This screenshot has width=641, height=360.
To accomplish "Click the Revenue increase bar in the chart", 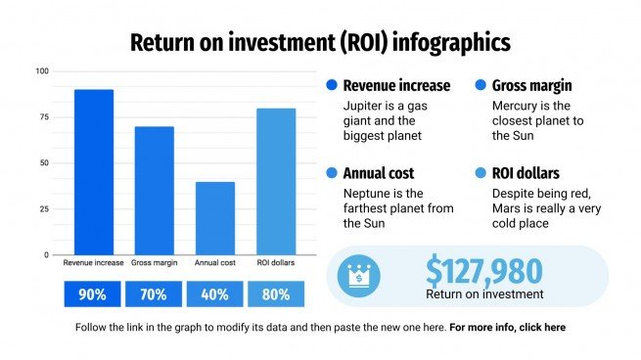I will (93, 172).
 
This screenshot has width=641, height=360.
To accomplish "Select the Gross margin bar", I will (154, 191).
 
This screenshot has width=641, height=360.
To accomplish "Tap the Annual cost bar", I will (214, 218).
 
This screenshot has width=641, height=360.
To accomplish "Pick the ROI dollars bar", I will (275, 181).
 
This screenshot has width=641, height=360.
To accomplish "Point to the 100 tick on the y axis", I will (41, 71).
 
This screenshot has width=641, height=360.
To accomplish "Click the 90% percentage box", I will (93, 294).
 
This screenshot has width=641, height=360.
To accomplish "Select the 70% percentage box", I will (154, 294).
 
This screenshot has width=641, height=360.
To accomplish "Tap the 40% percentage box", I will (214, 294).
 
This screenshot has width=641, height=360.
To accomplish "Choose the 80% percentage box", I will (275, 294).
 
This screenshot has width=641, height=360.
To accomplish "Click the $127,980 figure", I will (483, 270).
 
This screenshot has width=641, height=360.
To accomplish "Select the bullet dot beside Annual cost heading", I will (331, 173).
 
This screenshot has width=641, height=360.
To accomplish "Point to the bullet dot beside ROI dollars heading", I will (480, 173).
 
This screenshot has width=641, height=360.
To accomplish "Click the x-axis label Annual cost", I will (214, 263).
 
